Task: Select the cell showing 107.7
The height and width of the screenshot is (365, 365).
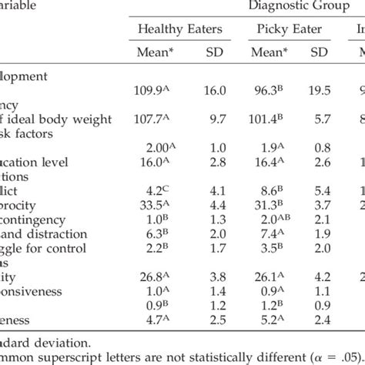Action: point(163,119)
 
